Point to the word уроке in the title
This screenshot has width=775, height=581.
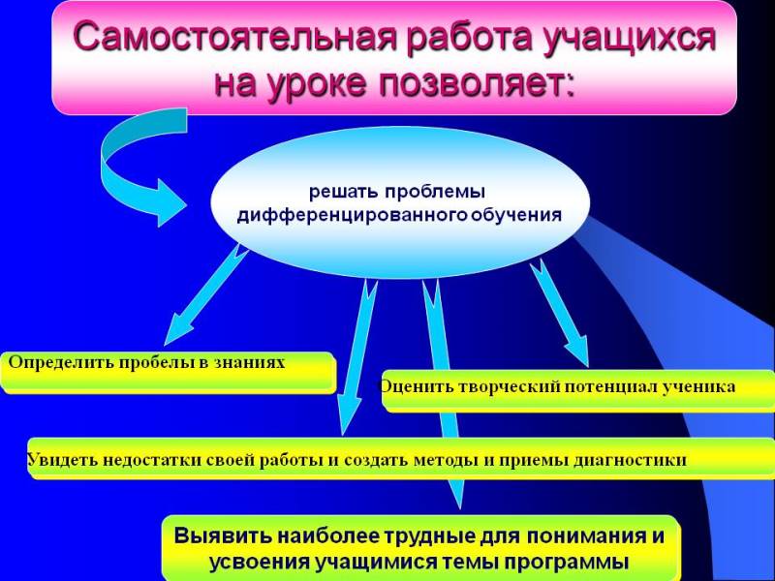pyautogui.click(x=318, y=84)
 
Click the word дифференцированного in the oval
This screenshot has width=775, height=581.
pyautogui.click(x=352, y=215)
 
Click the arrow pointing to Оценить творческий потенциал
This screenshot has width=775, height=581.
pyautogui.click(x=560, y=313)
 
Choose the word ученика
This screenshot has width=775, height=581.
pyautogui.click(x=698, y=386)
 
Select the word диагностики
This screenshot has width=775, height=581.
pyautogui.click(x=630, y=461)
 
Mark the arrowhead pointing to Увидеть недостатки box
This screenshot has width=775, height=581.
pyautogui.click(x=352, y=416)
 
